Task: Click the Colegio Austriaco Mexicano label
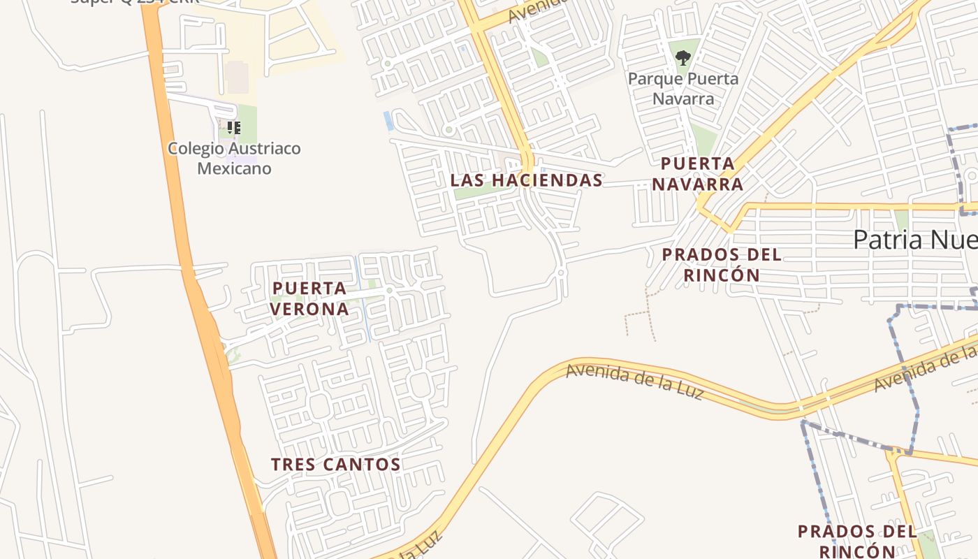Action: click(234, 159)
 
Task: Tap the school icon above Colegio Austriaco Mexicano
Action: click(234, 128)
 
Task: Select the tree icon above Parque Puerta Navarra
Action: click(683, 58)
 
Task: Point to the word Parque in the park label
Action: click(653, 78)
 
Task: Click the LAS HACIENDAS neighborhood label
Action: click(526, 180)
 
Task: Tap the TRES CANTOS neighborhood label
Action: click(335, 465)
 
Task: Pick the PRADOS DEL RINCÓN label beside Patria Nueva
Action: click(722, 265)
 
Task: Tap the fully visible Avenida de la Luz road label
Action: click(634, 380)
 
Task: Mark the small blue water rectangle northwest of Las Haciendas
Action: click(388, 121)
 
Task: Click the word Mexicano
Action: click(234, 168)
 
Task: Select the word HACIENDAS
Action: click(547, 180)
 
